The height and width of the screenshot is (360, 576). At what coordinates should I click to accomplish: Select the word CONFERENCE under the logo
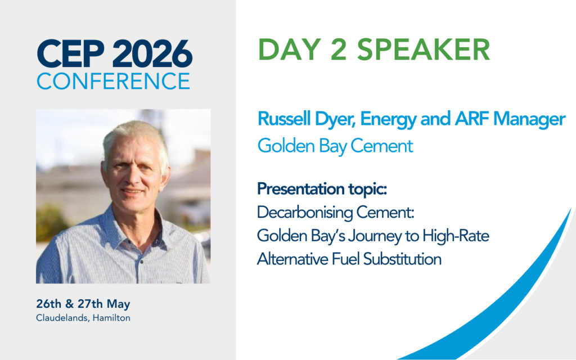pyautogui.click(x=114, y=81)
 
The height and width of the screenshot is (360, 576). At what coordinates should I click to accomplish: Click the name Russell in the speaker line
pyautogui.click(x=281, y=119)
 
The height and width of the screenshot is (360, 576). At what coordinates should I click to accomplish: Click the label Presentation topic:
pyautogui.click(x=322, y=189)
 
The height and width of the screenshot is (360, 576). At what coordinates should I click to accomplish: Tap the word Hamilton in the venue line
pyautogui.click(x=111, y=318)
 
